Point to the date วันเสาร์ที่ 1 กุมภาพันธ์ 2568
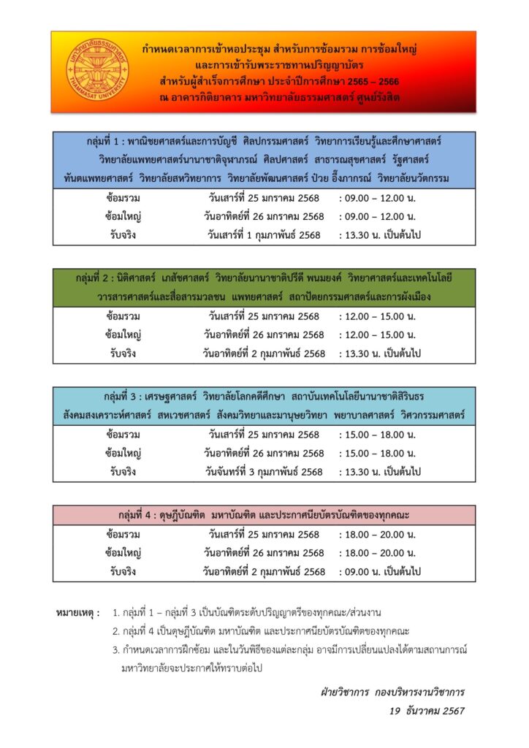pyautogui.click(x=264, y=235)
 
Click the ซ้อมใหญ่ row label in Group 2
pyautogui.click(x=123, y=335)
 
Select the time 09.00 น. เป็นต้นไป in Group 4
pyautogui.click(x=381, y=572)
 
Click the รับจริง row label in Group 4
pyautogui.click(x=123, y=572)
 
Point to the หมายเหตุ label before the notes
pyautogui.click(x=78, y=611)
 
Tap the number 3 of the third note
pyautogui.click(x=115, y=649)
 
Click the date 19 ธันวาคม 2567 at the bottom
pyautogui.click(x=427, y=710)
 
